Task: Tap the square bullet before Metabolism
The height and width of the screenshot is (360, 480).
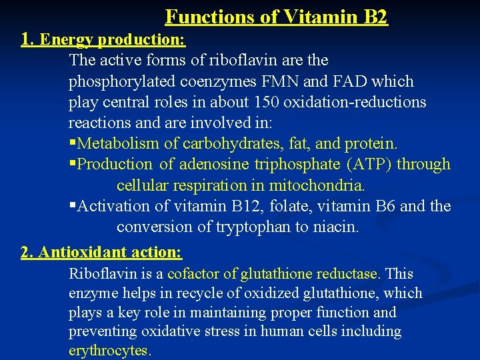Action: tap(72, 143)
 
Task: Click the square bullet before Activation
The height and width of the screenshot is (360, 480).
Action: tap(72, 206)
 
